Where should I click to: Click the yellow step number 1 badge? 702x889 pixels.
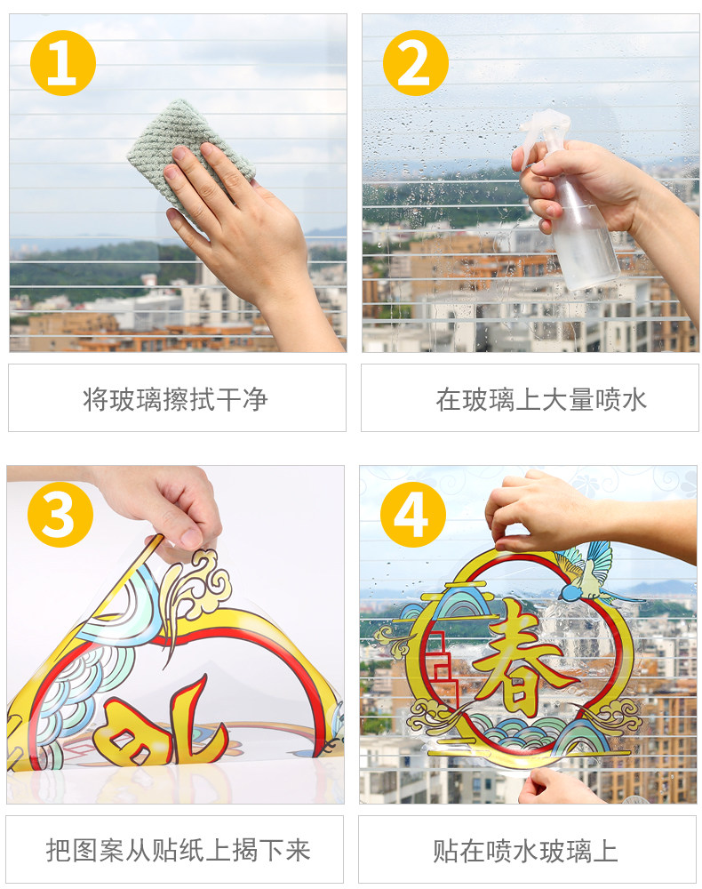pyautogui.click(x=63, y=63)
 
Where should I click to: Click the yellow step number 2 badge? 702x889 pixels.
pyautogui.click(x=415, y=63)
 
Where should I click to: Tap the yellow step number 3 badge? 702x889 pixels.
pyautogui.click(x=60, y=514)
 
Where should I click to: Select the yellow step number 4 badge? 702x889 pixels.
pyautogui.click(x=412, y=514)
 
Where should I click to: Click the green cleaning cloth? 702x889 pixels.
pyautogui.click(x=190, y=151)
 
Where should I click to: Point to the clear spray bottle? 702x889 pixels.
pyautogui.click(x=572, y=204)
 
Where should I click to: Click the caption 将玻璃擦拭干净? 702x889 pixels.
pyautogui.click(x=175, y=399)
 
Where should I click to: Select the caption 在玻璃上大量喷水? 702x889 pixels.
pyautogui.click(x=541, y=399)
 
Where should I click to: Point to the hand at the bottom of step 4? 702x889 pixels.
pyautogui.click(x=558, y=787)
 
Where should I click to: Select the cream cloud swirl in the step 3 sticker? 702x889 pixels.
pyautogui.click(x=195, y=584)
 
